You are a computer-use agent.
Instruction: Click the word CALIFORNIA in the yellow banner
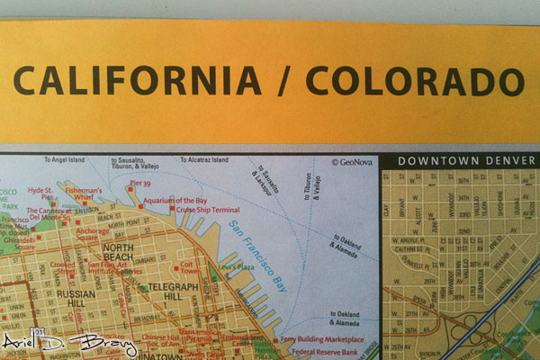click(x=137, y=80)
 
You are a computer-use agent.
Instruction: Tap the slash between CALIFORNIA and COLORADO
click(x=283, y=81)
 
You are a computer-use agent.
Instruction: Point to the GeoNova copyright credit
click(x=352, y=163)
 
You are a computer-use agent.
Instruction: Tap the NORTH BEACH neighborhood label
click(x=121, y=253)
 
